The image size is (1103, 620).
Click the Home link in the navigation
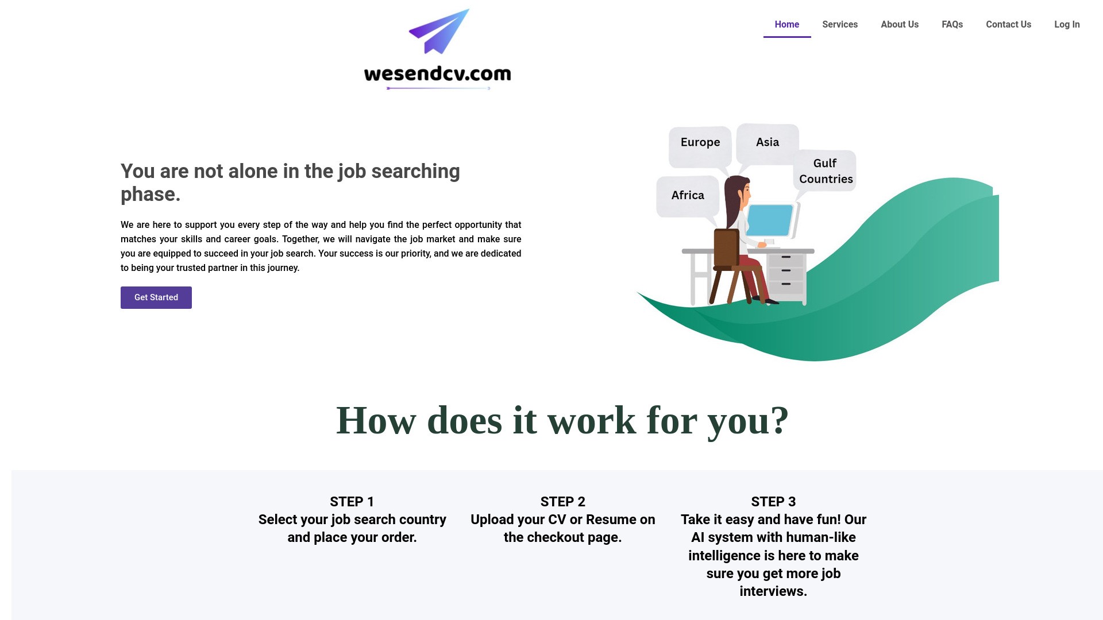786,25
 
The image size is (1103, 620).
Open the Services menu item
839,25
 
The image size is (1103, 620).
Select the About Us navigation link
899,25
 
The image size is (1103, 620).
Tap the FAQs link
952,25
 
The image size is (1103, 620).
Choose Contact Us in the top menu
1008,25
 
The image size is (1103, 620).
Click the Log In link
1066,25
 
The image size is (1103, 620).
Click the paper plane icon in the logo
439,32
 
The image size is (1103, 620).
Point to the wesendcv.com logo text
437,73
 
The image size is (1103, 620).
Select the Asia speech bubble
767,142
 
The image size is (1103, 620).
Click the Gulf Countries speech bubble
826,171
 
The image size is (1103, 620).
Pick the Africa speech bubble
687,196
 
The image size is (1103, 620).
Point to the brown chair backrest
726,247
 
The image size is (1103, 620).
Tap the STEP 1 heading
352,502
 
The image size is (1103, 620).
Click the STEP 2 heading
562,502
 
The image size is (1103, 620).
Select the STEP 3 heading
773,502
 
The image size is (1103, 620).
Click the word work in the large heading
591,421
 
